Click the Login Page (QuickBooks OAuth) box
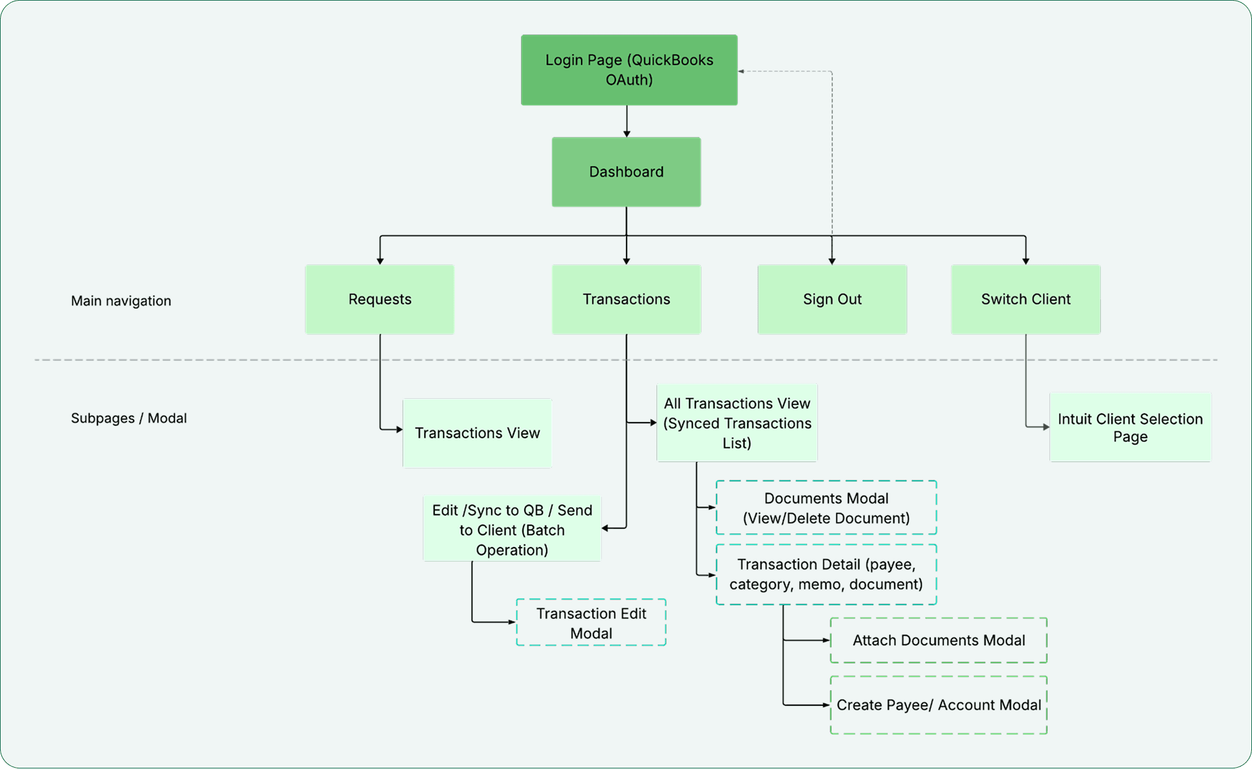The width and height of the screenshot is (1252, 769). point(629,70)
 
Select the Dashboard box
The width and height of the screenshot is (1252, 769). point(626,172)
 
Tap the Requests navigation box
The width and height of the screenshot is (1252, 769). point(380,299)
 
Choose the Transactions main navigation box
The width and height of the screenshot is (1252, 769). point(626,299)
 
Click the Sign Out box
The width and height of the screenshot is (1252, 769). point(832,299)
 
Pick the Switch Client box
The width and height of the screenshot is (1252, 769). point(1026,299)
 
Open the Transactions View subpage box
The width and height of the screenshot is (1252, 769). point(477,433)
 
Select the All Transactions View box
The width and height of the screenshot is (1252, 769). point(737,423)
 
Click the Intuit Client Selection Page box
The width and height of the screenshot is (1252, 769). point(1130,428)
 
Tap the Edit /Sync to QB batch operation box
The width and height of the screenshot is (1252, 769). point(512,530)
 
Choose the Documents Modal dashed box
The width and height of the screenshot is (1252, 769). point(826,508)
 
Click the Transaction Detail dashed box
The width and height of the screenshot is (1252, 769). point(826,575)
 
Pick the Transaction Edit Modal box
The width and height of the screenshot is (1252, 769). point(591,623)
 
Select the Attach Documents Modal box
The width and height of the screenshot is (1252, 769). point(938,640)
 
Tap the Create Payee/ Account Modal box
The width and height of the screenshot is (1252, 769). point(938,705)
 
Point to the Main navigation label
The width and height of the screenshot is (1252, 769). point(121,301)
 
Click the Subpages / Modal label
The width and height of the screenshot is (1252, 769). point(129,418)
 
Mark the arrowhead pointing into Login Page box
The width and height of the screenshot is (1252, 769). point(742,71)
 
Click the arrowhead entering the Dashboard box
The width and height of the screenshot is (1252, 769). point(627,134)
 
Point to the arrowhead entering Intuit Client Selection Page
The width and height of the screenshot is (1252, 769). point(1046,427)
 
